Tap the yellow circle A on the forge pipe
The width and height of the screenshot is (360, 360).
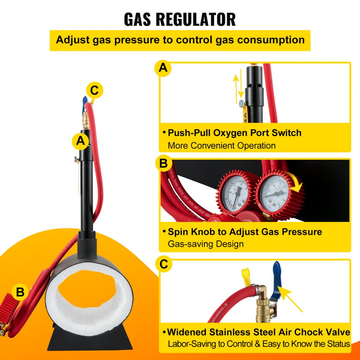pos(81,141)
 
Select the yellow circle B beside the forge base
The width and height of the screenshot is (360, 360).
pos(20,292)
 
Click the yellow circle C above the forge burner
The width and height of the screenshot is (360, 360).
pos(94,91)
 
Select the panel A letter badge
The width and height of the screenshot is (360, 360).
pos(163,69)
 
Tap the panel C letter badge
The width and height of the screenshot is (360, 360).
pos(163,265)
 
